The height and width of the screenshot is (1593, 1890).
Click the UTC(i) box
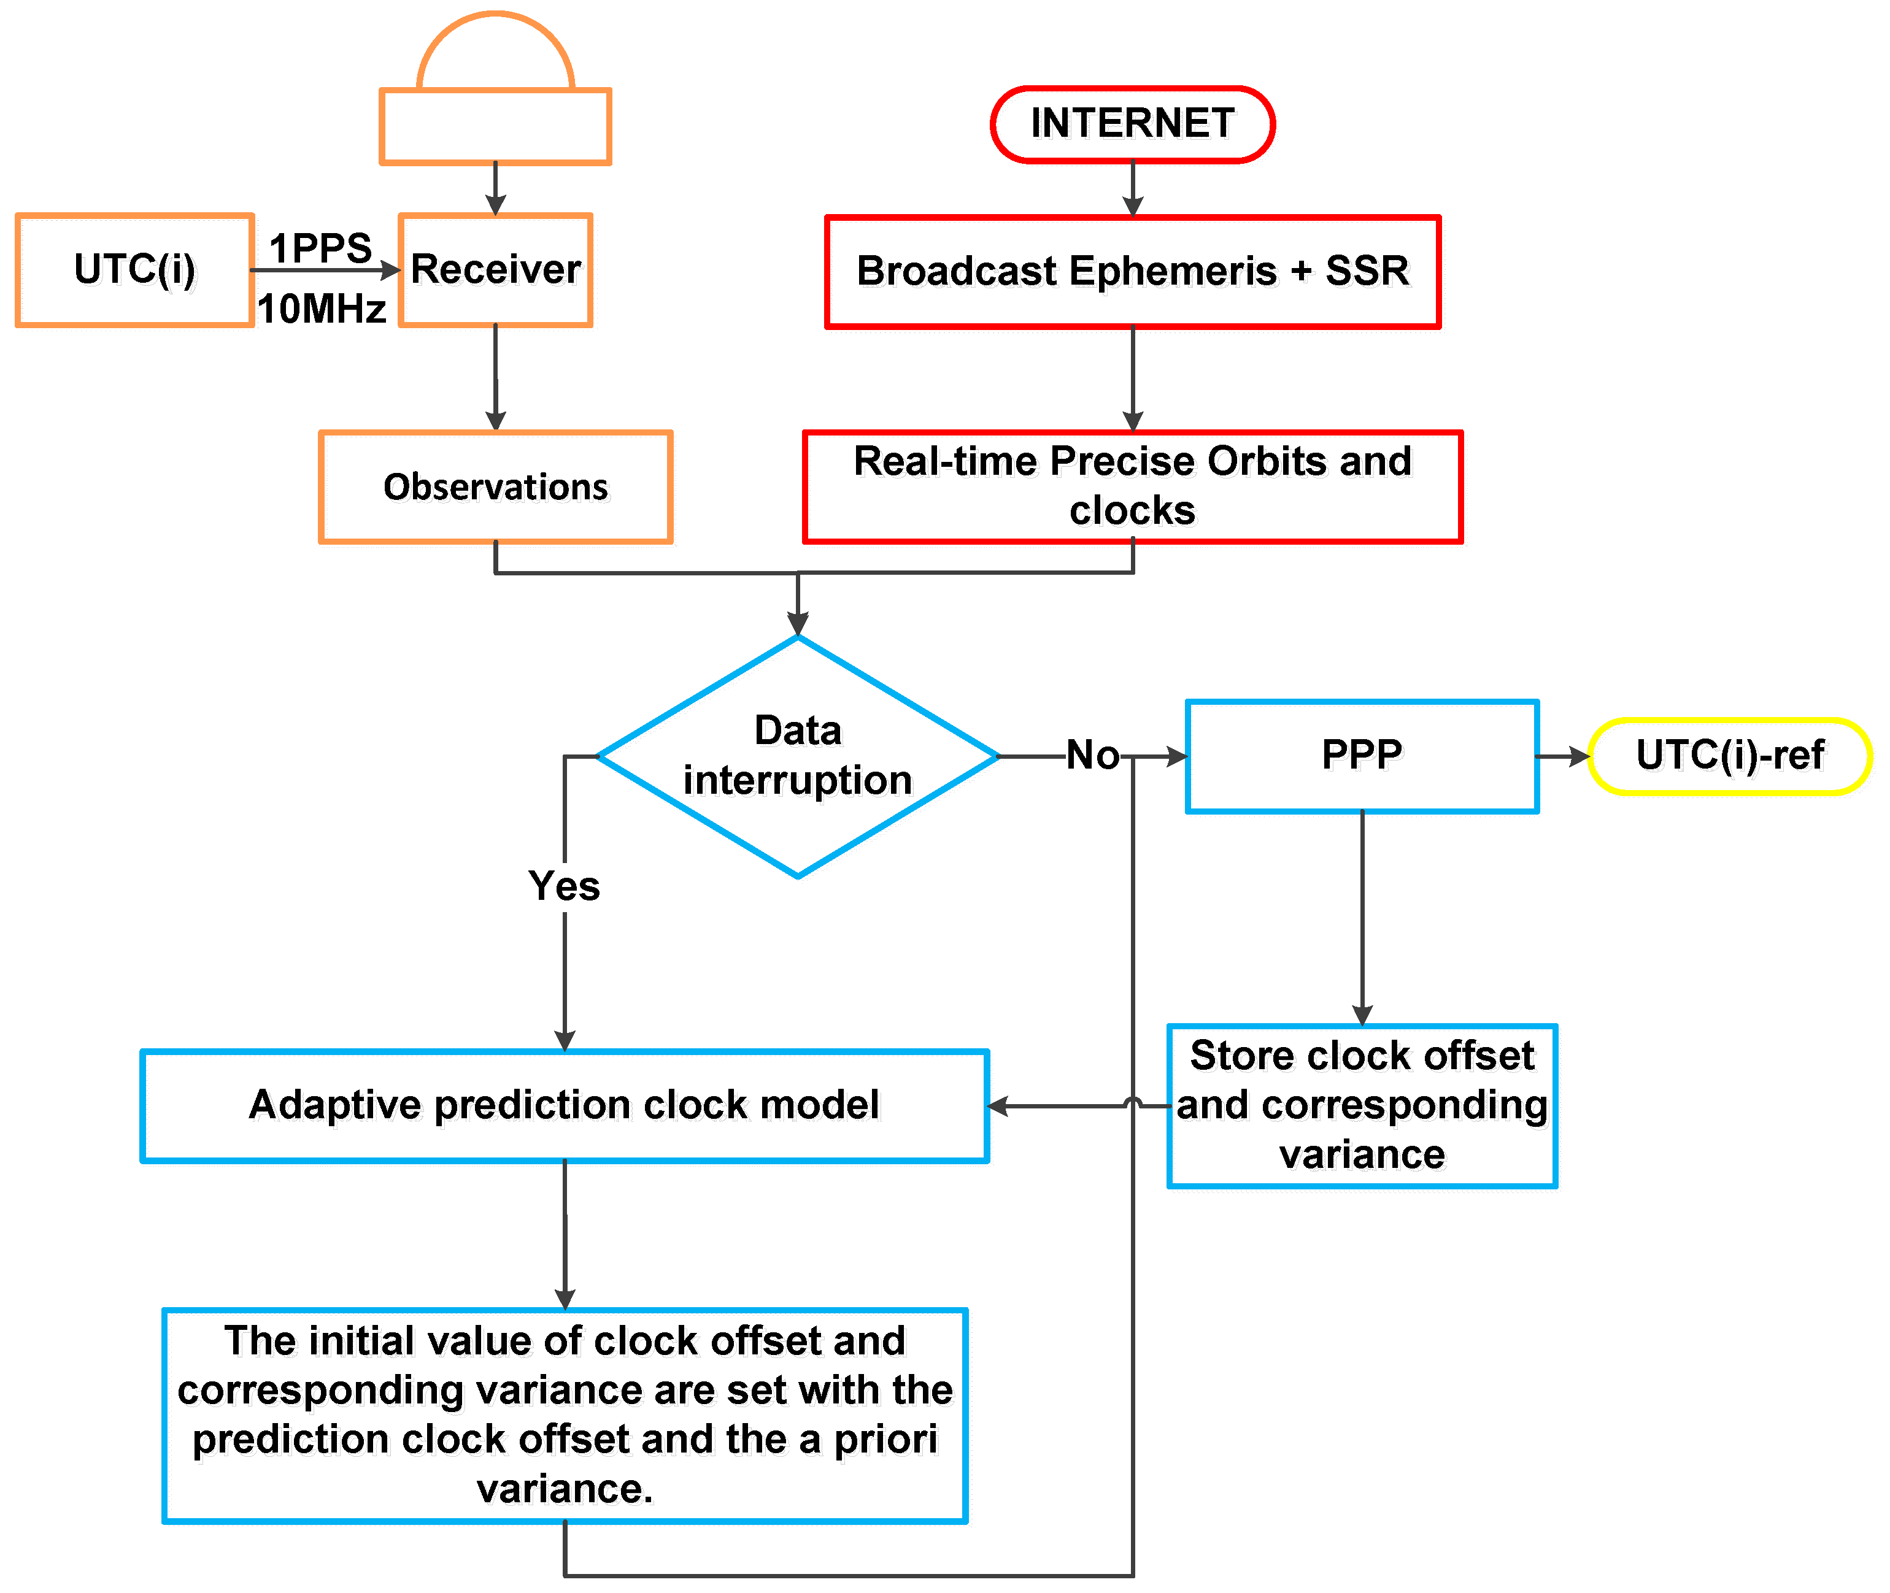click(134, 270)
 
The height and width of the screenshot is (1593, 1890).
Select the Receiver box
click(495, 270)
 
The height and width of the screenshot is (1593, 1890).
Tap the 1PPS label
click(321, 247)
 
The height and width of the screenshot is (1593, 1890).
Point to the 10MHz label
click(322, 309)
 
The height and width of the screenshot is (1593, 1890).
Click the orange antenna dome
click(495, 54)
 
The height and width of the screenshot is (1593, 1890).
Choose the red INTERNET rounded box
click(1132, 124)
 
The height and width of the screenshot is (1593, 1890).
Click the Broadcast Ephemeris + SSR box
click(1132, 272)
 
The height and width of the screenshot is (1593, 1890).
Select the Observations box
click(495, 487)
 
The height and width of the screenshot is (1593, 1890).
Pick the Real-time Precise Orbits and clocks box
click(1132, 486)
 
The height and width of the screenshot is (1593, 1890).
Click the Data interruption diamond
click(797, 755)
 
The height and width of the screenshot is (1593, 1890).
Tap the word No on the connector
click(1092, 755)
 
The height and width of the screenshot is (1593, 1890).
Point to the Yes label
click(564, 886)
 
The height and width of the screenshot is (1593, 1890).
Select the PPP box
click(1362, 755)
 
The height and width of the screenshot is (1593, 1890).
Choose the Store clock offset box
click(1362, 1105)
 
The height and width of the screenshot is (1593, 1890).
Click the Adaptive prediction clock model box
click(564, 1105)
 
